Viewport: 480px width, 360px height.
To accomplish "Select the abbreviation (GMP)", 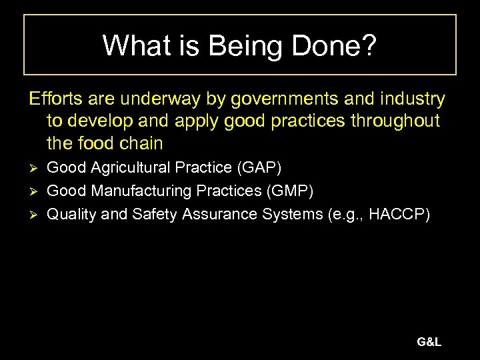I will click(289, 191).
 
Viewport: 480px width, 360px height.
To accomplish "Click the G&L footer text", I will click(429, 343).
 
